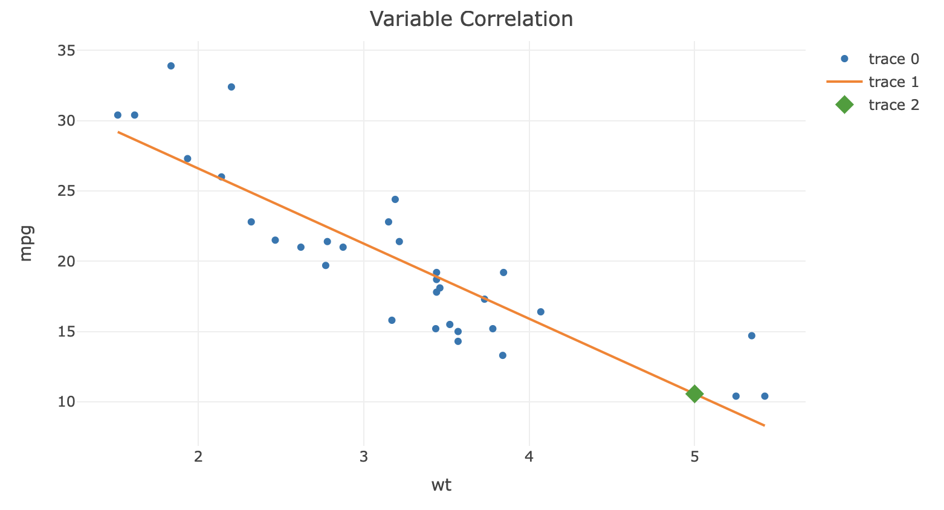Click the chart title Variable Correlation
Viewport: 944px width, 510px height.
click(x=471, y=19)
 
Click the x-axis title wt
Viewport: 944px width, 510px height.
click(x=441, y=485)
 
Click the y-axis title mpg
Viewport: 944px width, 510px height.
click(x=25, y=243)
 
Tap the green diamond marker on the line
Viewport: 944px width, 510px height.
click(x=694, y=394)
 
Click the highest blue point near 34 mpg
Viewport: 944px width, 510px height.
click(x=171, y=66)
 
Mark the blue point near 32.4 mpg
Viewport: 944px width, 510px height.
click(x=231, y=87)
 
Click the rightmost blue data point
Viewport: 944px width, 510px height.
click(x=765, y=396)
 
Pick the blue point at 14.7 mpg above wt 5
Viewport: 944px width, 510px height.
click(x=752, y=336)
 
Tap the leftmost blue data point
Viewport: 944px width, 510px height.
click(x=118, y=115)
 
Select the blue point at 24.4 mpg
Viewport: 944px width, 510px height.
click(x=395, y=199)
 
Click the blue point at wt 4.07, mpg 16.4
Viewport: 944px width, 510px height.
click(x=541, y=312)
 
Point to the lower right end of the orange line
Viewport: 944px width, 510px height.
click(x=764, y=425)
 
